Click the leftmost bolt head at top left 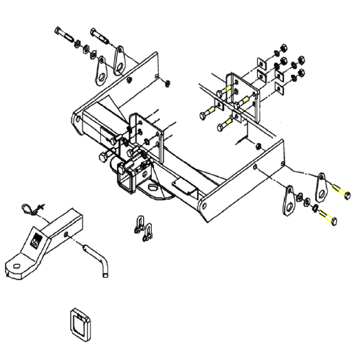tap(59, 31)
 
